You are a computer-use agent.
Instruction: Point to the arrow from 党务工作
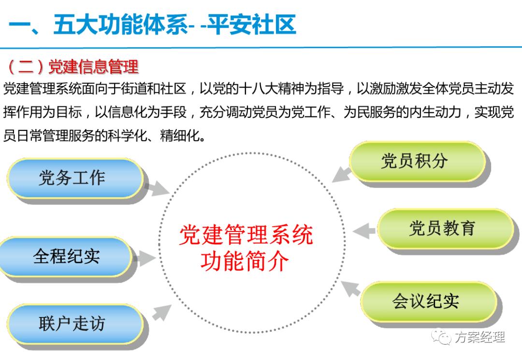click(x=157, y=189)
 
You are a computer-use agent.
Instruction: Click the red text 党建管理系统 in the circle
click(x=246, y=236)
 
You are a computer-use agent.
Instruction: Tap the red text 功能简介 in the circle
click(x=245, y=261)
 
